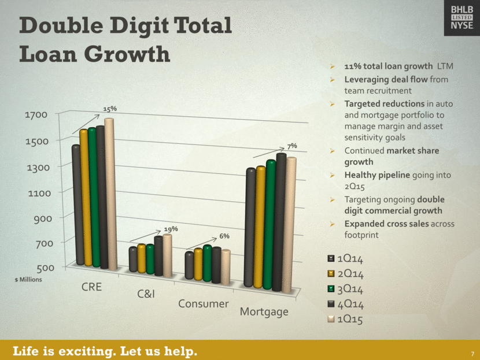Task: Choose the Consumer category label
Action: tap(203, 303)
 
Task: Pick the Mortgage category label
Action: tap(264, 312)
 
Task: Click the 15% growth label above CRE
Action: tap(110, 109)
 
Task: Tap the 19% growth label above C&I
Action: tap(171, 229)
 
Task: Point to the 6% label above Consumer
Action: tap(224, 236)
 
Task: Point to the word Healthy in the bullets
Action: tap(361, 175)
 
